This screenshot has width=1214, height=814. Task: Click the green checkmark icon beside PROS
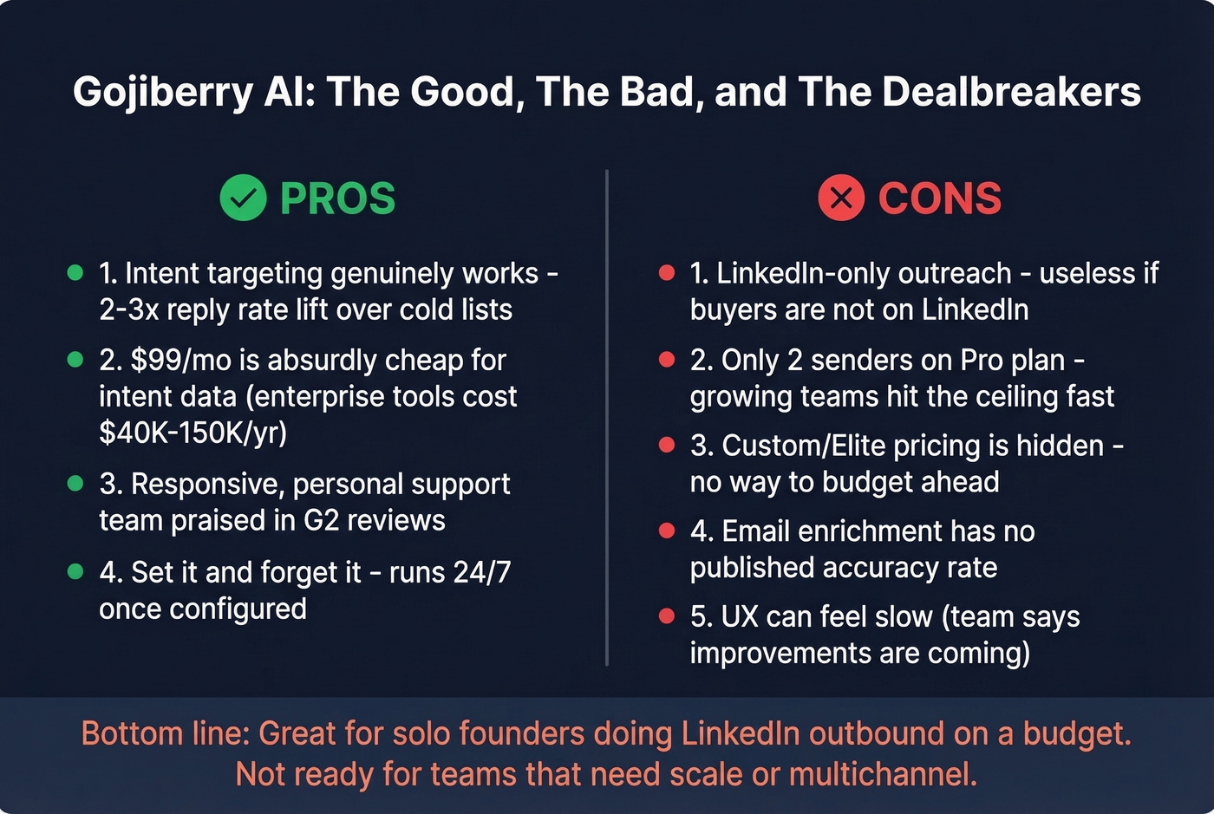click(243, 198)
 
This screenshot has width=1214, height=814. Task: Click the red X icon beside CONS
click(841, 198)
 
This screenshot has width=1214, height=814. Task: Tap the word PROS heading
click(337, 199)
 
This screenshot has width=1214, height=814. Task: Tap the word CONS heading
click(939, 199)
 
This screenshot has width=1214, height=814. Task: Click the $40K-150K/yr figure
click(193, 432)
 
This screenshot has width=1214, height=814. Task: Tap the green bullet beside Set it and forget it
click(75, 571)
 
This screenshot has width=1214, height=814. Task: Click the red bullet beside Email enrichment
click(667, 531)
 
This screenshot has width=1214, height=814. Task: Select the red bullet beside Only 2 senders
click(667, 359)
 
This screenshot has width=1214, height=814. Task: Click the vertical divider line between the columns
click(607, 416)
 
